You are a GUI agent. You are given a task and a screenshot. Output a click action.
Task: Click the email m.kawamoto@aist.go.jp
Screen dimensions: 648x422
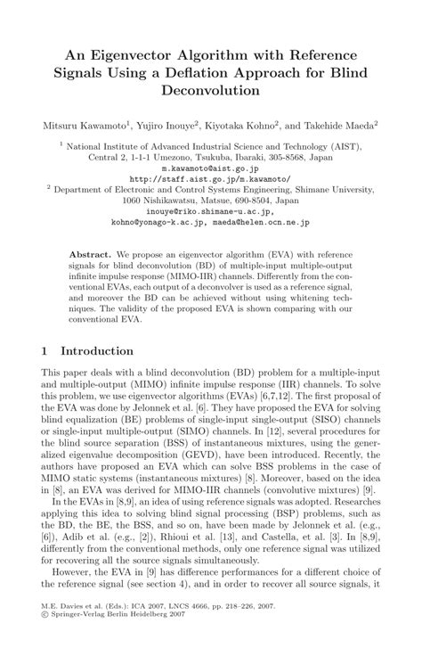(210, 168)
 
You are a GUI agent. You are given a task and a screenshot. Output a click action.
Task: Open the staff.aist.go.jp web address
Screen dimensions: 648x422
(211, 177)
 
